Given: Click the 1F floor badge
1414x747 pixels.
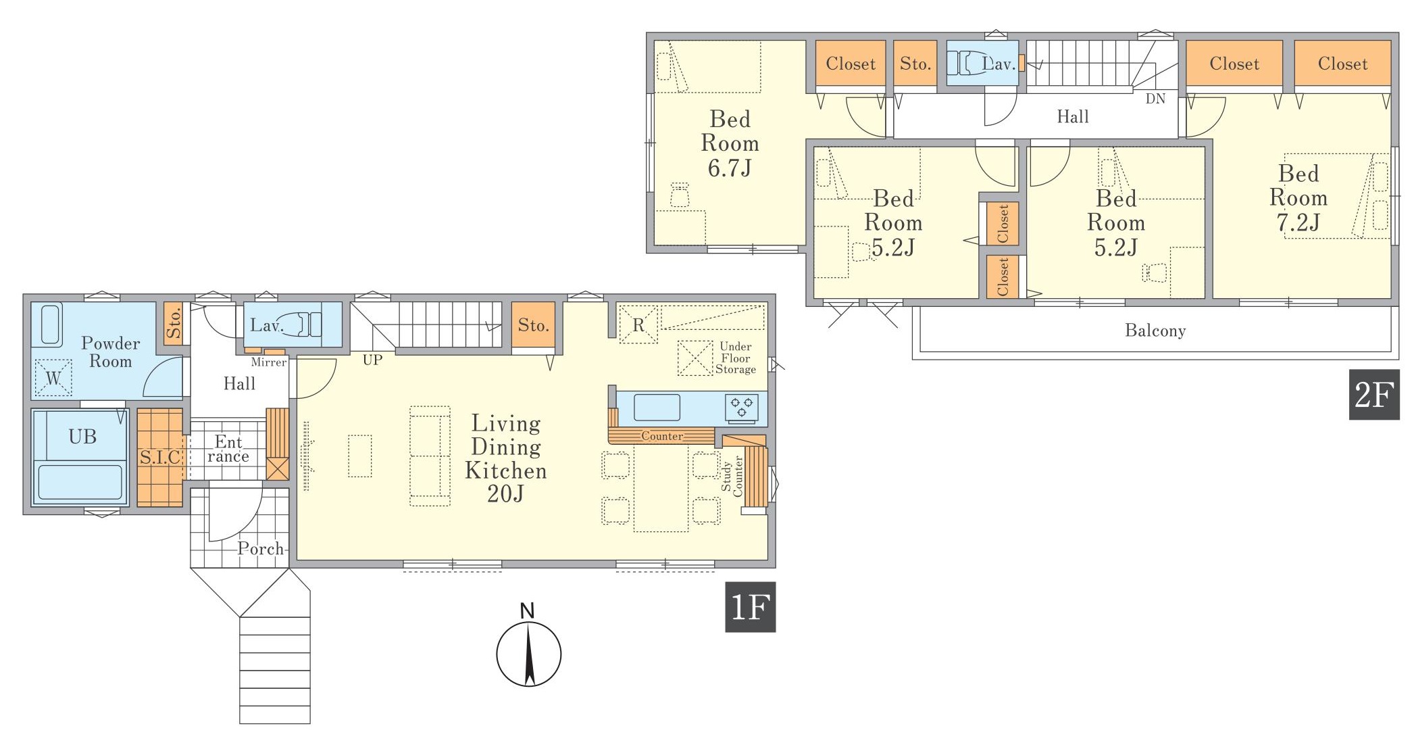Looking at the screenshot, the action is (750, 607).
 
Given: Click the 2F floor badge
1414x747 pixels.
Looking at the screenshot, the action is (1374, 394).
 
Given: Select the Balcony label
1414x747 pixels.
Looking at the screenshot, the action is (1155, 331).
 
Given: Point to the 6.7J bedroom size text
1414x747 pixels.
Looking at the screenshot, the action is (730, 168).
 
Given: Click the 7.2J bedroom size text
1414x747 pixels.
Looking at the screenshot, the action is (1298, 222).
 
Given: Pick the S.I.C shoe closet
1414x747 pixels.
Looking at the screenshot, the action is (160, 457).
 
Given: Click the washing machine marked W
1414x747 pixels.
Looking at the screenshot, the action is (53, 377).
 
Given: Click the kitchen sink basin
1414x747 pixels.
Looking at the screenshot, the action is (657, 408).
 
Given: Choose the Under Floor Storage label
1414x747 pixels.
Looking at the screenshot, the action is (736, 358).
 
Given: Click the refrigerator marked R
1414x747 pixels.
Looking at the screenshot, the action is (638, 325).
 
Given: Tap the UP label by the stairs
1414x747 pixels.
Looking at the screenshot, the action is (372, 360).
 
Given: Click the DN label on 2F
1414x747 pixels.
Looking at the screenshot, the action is (1155, 99).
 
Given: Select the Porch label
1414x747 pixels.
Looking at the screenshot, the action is (261, 548).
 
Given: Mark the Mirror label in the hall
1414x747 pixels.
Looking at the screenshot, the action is (269, 362).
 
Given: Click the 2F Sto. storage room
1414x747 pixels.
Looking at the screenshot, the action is (915, 64).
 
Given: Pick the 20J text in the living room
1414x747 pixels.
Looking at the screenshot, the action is (505, 494).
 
